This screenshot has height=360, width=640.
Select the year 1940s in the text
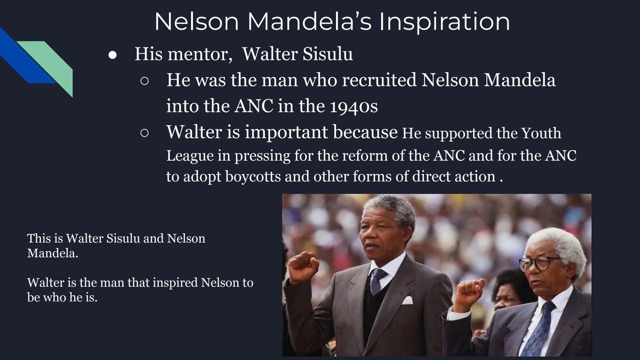[354, 106]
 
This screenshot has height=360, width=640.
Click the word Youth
[541, 133]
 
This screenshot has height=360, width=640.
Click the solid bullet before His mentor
[113, 55]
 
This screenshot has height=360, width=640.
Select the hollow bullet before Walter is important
[144, 133]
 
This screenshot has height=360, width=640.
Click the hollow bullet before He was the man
[144, 81]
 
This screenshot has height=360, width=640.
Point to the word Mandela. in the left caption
[53, 253]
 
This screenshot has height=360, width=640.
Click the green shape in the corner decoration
[53, 63]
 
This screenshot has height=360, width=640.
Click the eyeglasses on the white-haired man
[537, 263]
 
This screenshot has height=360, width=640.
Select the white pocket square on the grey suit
[407, 300]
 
